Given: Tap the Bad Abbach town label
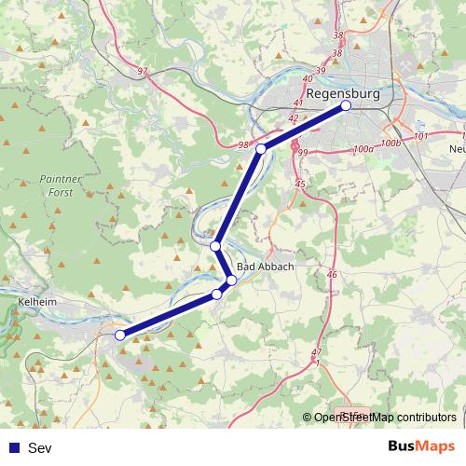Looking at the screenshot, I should (266, 267).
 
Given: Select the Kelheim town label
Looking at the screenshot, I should (36, 302).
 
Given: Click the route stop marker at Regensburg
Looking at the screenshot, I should (346, 106).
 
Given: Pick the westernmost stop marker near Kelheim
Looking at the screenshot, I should (119, 336).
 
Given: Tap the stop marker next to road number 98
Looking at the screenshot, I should (261, 149).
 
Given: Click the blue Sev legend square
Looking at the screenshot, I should (13, 447).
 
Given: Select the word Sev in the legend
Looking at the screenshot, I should (40, 447).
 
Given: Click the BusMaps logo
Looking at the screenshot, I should (418, 446).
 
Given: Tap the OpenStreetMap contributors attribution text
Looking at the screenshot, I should (384, 418).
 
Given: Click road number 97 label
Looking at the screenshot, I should (142, 71).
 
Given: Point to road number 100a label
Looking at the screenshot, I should (363, 148).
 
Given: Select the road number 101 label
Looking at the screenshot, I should (419, 136).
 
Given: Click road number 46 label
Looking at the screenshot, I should (332, 274).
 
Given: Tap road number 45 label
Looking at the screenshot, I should (300, 185).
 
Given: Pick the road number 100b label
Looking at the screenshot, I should (391, 143).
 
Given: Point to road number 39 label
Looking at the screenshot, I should (322, 71).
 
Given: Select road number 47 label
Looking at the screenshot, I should (318, 351).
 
